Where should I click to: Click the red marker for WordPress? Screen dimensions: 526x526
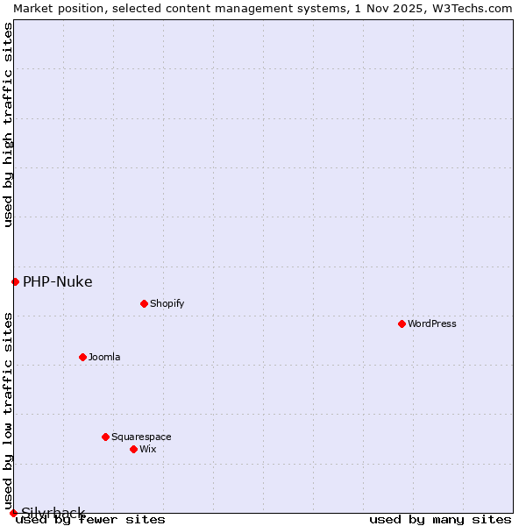click(402, 323)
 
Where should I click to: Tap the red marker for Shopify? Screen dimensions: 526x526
click(144, 303)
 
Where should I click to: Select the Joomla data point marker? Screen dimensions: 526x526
click(82, 357)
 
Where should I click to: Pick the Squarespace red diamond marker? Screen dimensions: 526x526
click(105, 437)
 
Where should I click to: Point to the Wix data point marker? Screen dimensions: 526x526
click(133, 449)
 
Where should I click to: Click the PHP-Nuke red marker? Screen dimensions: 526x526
click(15, 281)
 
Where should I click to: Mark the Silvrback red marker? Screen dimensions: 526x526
click(13, 513)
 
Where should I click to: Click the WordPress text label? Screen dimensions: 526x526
click(432, 323)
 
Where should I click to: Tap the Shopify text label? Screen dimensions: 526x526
click(167, 303)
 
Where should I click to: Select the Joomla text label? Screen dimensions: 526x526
click(104, 357)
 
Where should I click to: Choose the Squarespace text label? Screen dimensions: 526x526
click(141, 437)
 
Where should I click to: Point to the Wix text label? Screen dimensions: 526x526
click(148, 449)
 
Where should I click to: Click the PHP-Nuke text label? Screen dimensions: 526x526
click(58, 281)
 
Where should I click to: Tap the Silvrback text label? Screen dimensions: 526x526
click(53, 513)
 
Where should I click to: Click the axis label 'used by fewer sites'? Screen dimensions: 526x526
click(90, 520)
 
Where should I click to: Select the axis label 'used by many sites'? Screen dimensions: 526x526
click(440, 520)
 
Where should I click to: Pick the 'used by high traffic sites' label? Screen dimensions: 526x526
click(8, 124)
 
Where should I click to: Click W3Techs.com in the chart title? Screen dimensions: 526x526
click(470, 8)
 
